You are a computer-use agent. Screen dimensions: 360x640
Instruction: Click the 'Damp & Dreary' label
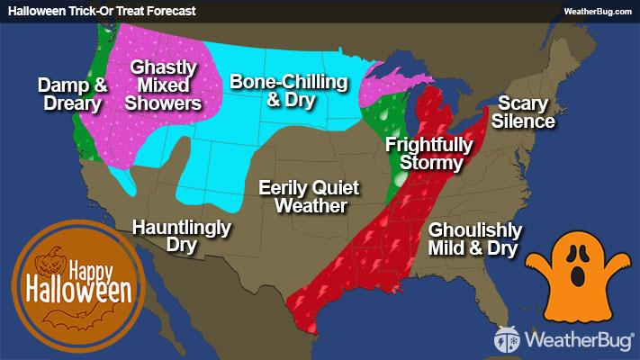tap(72, 94)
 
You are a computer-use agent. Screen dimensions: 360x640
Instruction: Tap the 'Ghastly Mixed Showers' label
tap(164, 85)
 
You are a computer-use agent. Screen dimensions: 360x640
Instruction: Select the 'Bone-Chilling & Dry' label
tap(288, 91)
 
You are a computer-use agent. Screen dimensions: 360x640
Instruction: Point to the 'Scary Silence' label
tap(526, 112)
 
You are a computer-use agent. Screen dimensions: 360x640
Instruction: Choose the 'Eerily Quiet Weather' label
tap(309, 197)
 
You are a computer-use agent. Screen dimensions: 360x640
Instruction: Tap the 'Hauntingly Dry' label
tap(181, 235)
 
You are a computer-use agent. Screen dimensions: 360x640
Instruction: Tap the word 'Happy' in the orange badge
tap(94, 268)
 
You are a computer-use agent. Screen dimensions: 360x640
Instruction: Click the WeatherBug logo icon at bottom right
tap(507, 339)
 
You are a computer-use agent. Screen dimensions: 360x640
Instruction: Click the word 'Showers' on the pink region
tap(164, 103)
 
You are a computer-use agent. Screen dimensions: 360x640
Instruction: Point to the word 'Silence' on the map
tap(526, 121)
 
